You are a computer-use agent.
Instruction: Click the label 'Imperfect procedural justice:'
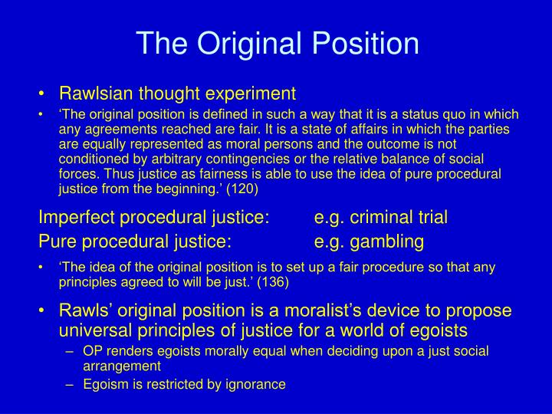tap(153, 218)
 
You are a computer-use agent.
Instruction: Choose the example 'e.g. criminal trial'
tap(381, 218)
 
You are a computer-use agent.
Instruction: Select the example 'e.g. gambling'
tap(369, 242)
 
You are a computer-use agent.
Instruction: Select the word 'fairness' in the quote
tap(177, 174)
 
